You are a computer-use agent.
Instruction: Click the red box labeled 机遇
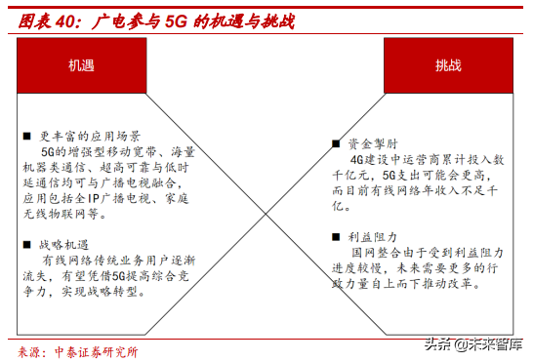tap(81, 64)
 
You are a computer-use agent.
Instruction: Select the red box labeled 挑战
tap(448, 64)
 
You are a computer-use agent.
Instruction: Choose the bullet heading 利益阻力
tap(370, 235)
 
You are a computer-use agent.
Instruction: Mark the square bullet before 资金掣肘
tap(337, 142)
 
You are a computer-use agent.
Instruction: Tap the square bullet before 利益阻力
tap(337, 235)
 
